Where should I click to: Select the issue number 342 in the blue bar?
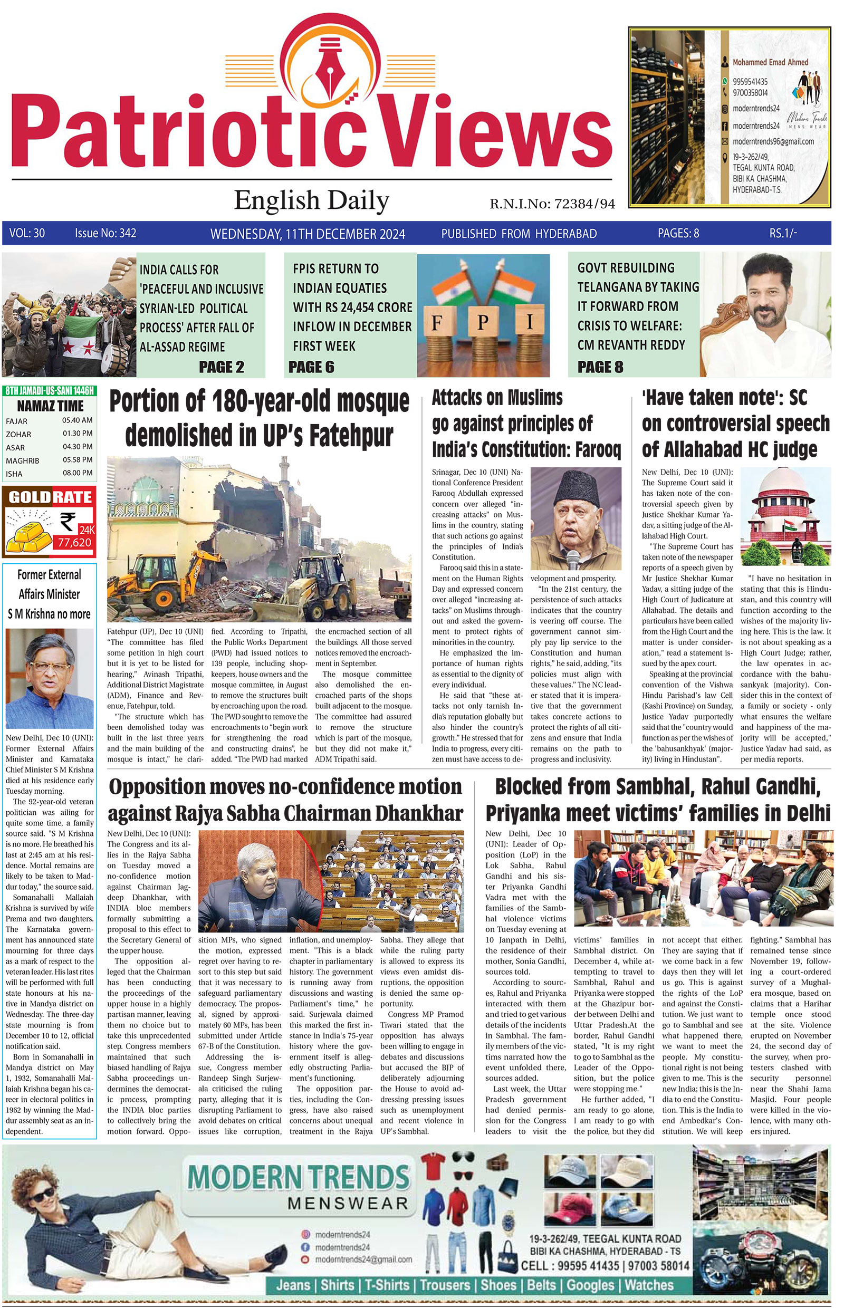[x=127, y=234]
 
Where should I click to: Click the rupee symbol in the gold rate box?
[x=68, y=521]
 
